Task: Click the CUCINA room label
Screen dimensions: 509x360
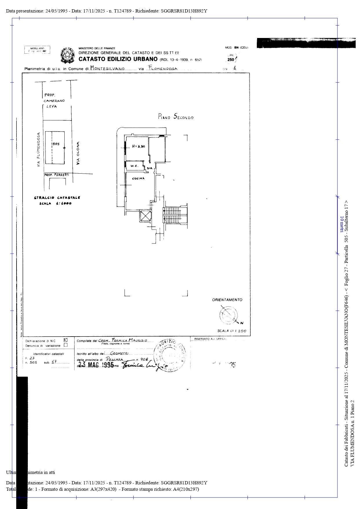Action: pos(138,179)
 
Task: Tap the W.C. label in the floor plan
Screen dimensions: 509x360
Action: pos(134,166)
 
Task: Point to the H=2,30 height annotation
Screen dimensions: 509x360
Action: pos(138,146)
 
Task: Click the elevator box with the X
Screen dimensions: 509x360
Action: pos(145,216)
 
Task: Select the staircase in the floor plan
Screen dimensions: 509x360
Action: pos(174,215)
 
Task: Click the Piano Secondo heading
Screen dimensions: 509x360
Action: pos(176,117)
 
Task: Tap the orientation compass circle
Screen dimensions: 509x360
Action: pos(228,315)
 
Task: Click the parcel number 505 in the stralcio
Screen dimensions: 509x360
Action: pos(56,144)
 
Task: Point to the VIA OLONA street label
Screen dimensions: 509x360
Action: pos(78,153)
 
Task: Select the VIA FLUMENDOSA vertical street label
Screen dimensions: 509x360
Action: pos(38,150)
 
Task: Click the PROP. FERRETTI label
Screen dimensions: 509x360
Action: pos(57,175)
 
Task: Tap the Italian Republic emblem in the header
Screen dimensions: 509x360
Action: pos(67,55)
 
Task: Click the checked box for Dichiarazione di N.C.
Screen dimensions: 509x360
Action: pos(66,340)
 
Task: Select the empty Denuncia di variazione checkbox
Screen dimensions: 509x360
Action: pos(66,345)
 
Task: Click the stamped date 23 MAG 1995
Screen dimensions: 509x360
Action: pos(96,365)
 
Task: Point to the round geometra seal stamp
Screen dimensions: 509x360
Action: pos(169,355)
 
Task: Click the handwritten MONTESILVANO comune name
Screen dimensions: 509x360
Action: pos(107,68)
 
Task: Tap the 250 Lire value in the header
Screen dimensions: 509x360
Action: pos(231,59)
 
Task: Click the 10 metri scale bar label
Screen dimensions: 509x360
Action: pos(342,225)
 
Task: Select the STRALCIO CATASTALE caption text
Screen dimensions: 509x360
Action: pos(57,198)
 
